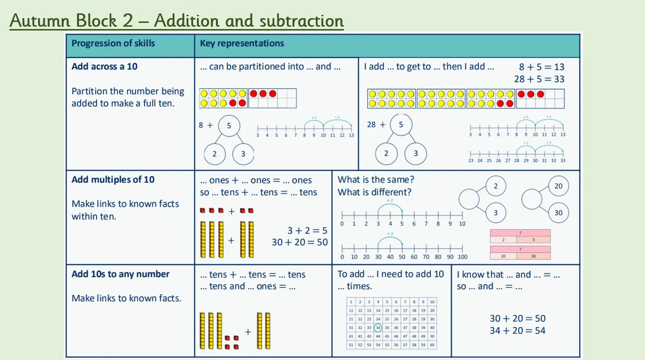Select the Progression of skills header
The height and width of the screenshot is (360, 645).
point(113,43)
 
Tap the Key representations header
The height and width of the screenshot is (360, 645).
point(242,43)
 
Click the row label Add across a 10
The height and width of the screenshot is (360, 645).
point(104,66)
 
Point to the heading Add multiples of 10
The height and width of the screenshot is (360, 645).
point(113,180)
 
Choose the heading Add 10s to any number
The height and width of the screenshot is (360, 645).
point(121,274)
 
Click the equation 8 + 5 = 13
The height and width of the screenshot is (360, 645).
point(542,67)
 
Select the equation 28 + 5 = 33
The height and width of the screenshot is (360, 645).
point(539,79)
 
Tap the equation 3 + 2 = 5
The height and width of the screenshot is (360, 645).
point(307,231)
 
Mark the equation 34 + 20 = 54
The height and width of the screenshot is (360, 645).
point(517,330)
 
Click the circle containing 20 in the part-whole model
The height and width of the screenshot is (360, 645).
point(559,186)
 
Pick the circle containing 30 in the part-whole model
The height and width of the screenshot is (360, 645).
point(559,213)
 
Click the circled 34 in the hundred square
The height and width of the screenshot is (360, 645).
point(378,327)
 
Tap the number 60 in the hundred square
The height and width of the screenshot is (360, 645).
point(432,345)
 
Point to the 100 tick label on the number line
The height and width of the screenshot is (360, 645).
point(462,257)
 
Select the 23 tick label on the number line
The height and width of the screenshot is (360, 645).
point(470,161)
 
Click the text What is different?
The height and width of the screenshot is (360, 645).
point(375,192)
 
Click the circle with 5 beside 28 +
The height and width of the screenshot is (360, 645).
point(401,125)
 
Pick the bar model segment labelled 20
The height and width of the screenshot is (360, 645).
point(503,256)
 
